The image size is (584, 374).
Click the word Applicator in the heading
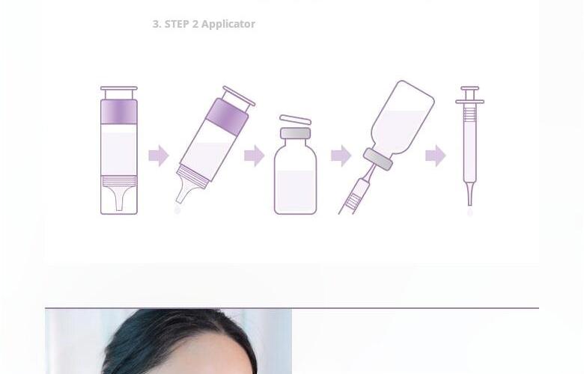pyautogui.click(x=228, y=25)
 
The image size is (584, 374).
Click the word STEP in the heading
pyautogui.click(x=177, y=24)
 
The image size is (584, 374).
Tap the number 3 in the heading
pyautogui.click(x=155, y=24)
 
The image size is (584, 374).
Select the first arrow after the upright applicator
pyautogui.click(x=159, y=156)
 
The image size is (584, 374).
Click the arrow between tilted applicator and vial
pyautogui.click(x=255, y=156)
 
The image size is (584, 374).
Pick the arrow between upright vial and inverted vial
pyautogui.click(x=341, y=156)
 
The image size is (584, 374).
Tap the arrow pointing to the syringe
pyautogui.click(x=436, y=156)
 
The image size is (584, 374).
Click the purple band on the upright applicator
pyautogui.click(x=119, y=111)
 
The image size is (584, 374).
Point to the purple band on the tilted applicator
pyautogui.click(x=227, y=117)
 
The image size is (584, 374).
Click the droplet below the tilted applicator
pyautogui.click(x=177, y=210)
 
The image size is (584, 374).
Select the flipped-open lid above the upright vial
pyautogui.click(x=295, y=120)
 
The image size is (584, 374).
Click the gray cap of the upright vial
pyautogui.click(x=295, y=133)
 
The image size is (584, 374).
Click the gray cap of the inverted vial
pyautogui.click(x=378, y=159)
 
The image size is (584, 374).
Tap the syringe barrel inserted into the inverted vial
pyautogui.click(x=355, y=196)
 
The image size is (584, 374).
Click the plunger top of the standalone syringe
pyautogui.click(x=470, y=88)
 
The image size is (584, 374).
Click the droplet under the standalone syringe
pyautogui.click(x=470, y=212)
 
